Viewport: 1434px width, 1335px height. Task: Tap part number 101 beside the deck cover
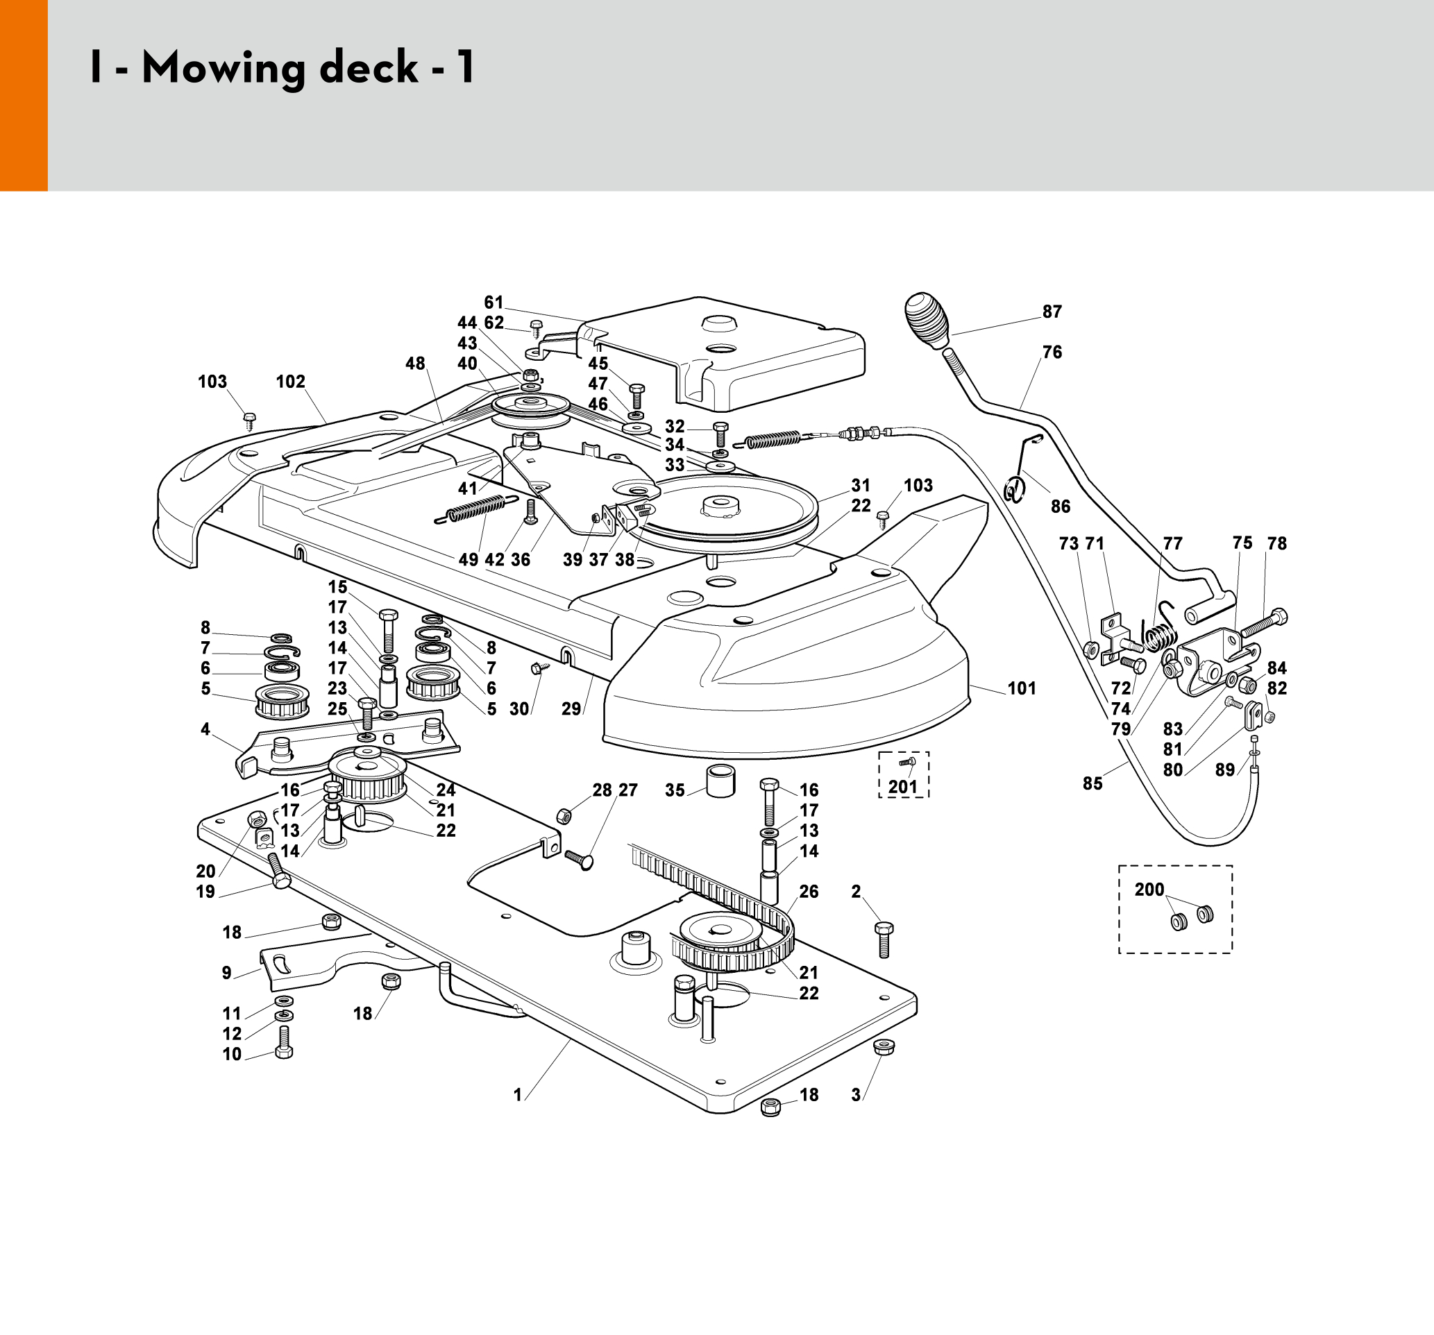click(1022, 688)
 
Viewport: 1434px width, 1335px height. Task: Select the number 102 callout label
click(290, 382)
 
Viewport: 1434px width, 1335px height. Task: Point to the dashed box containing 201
click(903, 774)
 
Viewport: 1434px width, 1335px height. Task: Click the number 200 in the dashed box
click(1149, 890)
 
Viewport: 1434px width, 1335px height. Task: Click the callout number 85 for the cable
click(1092, 783)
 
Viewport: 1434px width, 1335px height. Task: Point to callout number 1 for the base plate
click(517, 1095)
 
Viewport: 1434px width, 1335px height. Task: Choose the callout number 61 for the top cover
click(494, 303)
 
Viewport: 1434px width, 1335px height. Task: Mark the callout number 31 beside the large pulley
click(861, 486)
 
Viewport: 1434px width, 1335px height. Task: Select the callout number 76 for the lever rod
click(1052, 352)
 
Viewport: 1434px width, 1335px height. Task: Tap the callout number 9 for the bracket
click(226, 973)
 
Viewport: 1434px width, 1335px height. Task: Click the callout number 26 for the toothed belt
click(809, 892)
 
